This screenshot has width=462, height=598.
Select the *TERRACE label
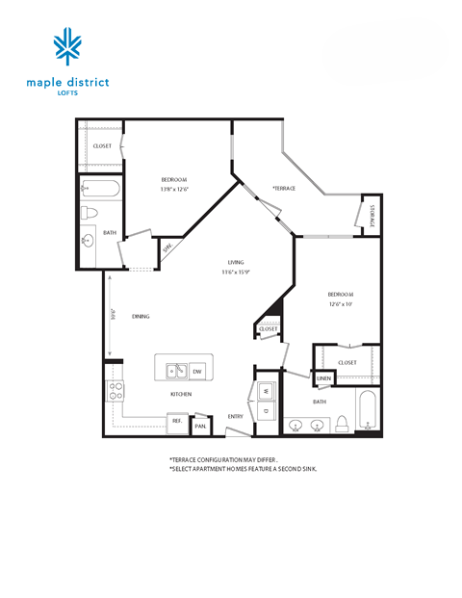(x=283, y=188)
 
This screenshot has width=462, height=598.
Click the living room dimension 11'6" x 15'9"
(x=235, y=271)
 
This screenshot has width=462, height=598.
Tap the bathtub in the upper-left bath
(x=100, y=190)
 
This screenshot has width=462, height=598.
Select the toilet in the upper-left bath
(x=89, y=213)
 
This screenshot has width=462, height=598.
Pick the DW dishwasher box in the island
(x=196, y=371)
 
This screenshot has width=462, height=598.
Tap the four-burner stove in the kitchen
(x=115, y=391)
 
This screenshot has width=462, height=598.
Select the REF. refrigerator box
(x=177, y=421)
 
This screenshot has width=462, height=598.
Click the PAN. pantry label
(x=200, y=425)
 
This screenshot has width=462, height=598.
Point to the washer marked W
(x=264, y=391)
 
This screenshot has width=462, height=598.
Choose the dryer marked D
(x=264, y=412)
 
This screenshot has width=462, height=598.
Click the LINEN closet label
(x=323, y=379)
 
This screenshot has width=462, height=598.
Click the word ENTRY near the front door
(x=235, y=416)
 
